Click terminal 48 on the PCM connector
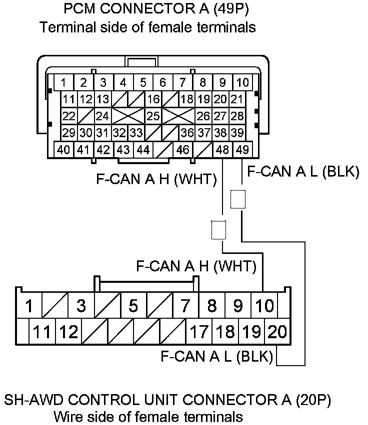(x=223, y=150)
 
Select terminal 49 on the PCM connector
(x=243, y=150)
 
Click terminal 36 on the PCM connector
(x=187, y=133)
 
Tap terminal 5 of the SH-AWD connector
(x=133, y=305)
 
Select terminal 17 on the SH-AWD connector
(x=198, y=331)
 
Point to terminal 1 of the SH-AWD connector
(x=29, y=305)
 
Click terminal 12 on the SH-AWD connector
(x=68, y=331)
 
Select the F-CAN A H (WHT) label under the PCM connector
(x=156, y=179)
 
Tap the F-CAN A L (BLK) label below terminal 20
(x=216, y=357)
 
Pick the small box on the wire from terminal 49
(x=238, y=199)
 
